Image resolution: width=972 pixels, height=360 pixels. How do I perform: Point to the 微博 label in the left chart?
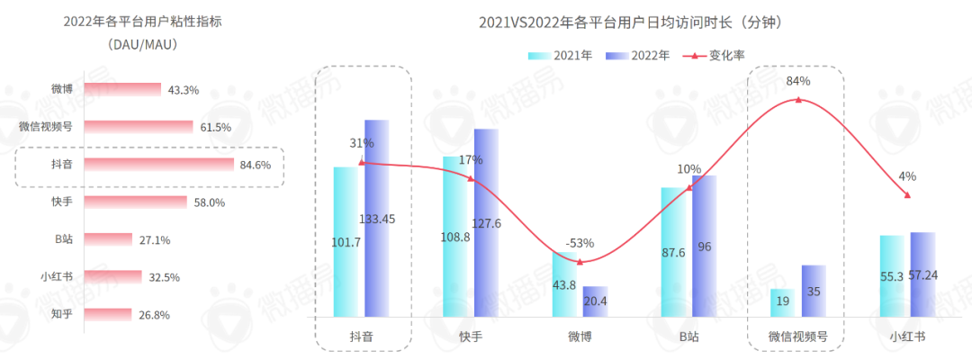pos(62,90)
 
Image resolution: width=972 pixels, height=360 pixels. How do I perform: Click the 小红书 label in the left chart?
pos(57,276)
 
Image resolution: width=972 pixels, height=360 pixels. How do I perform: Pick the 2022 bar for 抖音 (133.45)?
pos(376,218)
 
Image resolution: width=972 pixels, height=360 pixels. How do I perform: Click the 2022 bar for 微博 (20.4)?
pos(595,301)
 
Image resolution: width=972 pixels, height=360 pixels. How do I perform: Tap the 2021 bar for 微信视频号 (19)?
pos(781,304)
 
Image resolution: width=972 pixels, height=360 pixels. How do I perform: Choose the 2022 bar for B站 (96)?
pos(704,246)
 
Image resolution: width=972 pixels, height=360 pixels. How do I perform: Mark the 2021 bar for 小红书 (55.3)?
pos(891,276)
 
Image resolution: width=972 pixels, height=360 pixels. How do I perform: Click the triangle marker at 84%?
pos(798,99)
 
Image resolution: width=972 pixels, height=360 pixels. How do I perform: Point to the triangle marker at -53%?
pos(580,262)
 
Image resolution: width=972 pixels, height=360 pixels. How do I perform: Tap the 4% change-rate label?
pos(906,175)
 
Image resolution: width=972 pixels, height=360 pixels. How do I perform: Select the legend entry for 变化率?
pos(715,55)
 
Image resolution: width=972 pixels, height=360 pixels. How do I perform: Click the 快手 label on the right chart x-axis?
pos(470,337)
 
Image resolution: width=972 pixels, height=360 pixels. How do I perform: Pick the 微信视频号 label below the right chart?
pos(797,337)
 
